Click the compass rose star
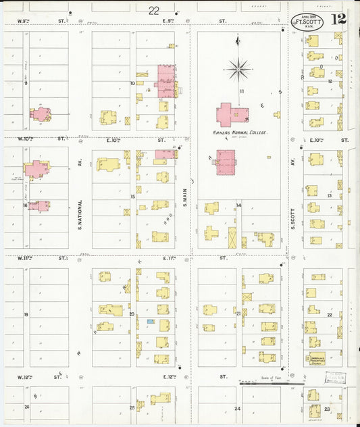[239, 68]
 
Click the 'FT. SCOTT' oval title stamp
[307, 22]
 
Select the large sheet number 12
[339, 19]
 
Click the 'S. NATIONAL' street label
[80, 215]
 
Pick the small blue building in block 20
[151, 322]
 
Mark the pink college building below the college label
[226, 162]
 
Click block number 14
[238, 205]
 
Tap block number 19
[26, 315]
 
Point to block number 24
[237, 409]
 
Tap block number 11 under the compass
[240, 90]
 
